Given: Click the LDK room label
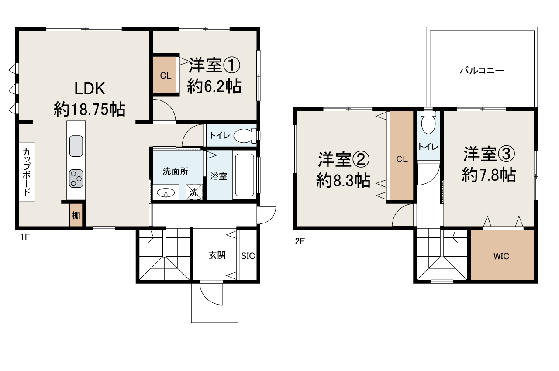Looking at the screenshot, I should point(90,89).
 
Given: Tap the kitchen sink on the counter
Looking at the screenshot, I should point(76,145).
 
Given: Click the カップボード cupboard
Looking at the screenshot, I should point(27,172).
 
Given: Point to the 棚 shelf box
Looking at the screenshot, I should point(76,216).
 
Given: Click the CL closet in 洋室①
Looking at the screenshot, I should point(165,75).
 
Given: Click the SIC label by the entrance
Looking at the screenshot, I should point(248,256).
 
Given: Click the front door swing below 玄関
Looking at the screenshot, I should point(211,293).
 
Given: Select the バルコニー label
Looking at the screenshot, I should point(482,70).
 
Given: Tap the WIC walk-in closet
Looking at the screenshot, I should point(501,256).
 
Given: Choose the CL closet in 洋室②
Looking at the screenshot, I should point(402,159).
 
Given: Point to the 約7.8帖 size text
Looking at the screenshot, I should point(489,175).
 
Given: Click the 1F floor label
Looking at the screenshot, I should point(24,237).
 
